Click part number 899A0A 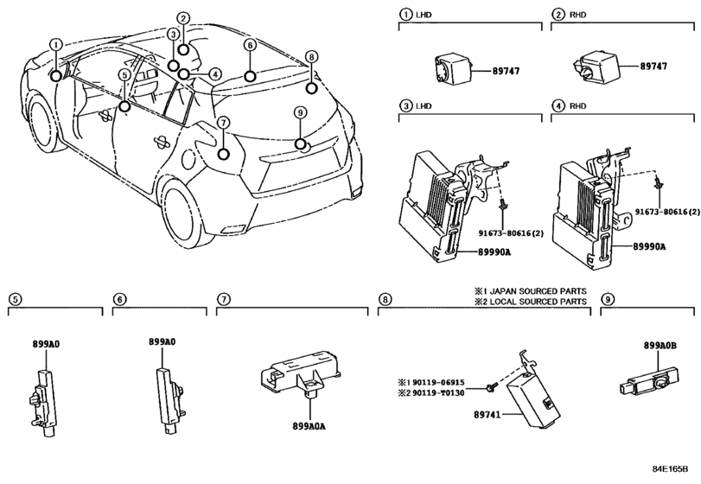(x=297, y=426)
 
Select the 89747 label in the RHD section (x=655, y=66)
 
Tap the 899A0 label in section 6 (x=162, y=342)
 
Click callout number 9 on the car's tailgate (x=300, y=112)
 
